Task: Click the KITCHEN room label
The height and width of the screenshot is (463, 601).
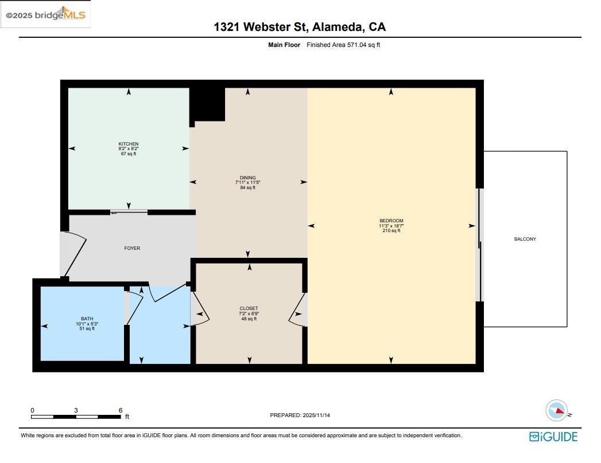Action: (x=128, y=144)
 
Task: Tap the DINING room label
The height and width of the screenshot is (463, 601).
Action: (x=247, y=178)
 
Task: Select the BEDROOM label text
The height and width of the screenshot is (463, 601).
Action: (x=391, y=221)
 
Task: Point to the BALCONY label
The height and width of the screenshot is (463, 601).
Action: (x=525, y=239)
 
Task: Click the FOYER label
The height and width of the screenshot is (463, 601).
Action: (x=132, y=248)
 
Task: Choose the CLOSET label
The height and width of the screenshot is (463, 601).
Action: (x=249, y=308)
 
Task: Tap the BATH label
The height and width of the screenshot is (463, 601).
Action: (x=87, y=319)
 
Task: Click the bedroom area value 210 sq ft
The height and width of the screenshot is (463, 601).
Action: (x=391, y=231)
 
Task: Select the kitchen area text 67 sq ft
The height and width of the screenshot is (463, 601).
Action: (x=128, y=154)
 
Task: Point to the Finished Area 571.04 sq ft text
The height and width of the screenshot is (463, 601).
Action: (x=343, y=45)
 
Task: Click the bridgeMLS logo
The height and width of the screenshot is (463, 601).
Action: (x=45, y=15)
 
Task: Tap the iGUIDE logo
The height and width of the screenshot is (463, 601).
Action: (x=553, y=437)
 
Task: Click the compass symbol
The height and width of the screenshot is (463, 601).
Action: (x=556, y=410)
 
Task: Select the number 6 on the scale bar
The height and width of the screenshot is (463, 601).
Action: (x=120, y=410)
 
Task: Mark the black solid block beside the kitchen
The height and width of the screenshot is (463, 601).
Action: (x=207, y=103)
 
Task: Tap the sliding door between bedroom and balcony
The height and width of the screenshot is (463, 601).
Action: (x=480, y=245)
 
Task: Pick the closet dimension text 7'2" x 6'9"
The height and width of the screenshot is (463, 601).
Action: (x=249, y=313)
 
